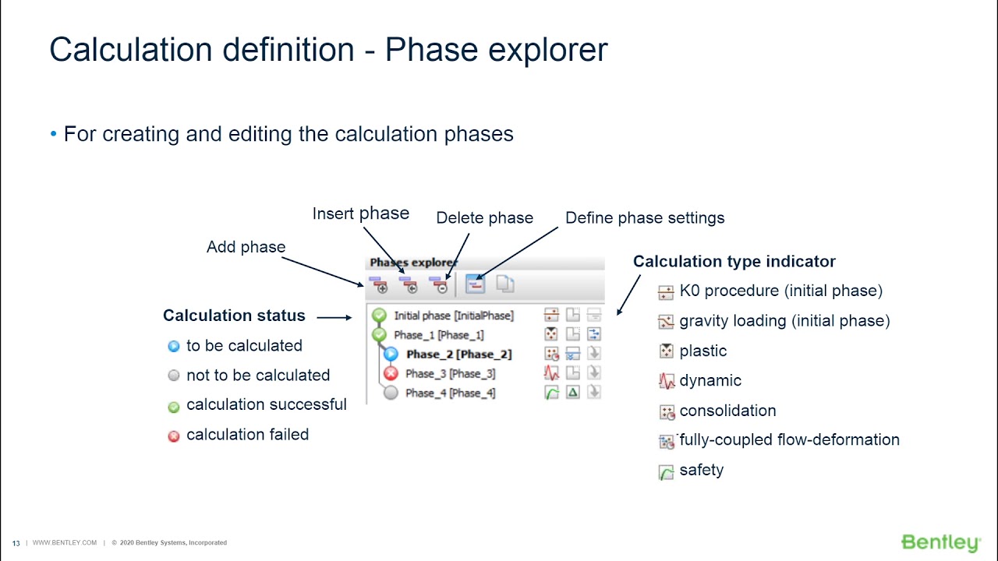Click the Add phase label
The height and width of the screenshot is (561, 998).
(x=246, y=247)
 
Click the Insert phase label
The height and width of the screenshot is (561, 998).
(x=360, y=213)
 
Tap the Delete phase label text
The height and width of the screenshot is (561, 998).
(x=484, y=218)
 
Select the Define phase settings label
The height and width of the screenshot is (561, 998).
(x=645, y=218)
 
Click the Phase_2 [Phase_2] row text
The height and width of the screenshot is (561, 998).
(x=458, y=355)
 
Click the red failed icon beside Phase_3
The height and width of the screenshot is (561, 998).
(x=391, y=374)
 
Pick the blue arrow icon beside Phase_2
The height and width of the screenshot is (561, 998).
(x=391, y=355)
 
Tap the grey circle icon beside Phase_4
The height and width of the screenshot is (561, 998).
(x=391, y=393)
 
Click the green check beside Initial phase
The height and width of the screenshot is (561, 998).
(x=380, y=316)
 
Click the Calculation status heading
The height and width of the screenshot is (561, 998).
(x=234, y=316)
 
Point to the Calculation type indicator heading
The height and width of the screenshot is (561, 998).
(x=734, y=262)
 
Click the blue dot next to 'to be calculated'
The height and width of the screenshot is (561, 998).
(x=174, y=347)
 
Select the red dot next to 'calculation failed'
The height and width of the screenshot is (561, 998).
(x=174, y=436)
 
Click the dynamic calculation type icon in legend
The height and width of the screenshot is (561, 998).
(x=666, y=382)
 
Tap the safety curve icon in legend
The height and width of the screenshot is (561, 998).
(x=666, y=472)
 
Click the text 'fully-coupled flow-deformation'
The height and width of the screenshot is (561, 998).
(x=789, y=440)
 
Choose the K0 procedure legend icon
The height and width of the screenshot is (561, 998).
(x=666, y=293)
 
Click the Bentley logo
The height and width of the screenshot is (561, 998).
(x=940, y=542)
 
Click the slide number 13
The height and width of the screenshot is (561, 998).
(x=16, y=543)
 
